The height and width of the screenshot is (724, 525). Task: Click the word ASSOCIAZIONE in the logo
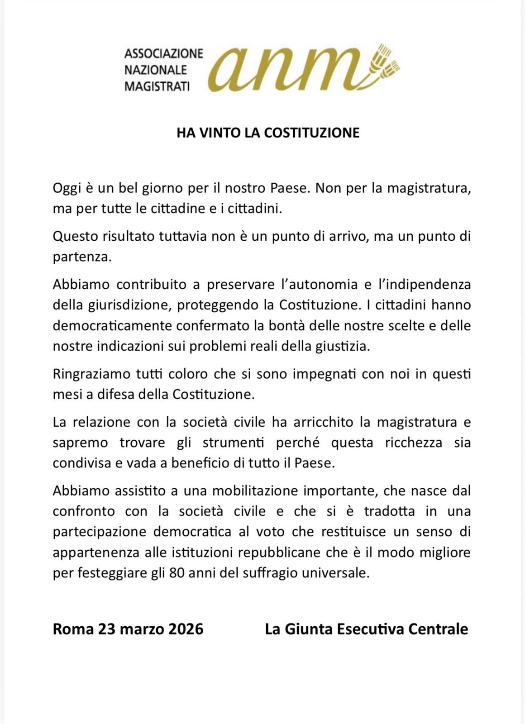[163, 53]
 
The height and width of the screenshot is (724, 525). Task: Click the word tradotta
[389, 511]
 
